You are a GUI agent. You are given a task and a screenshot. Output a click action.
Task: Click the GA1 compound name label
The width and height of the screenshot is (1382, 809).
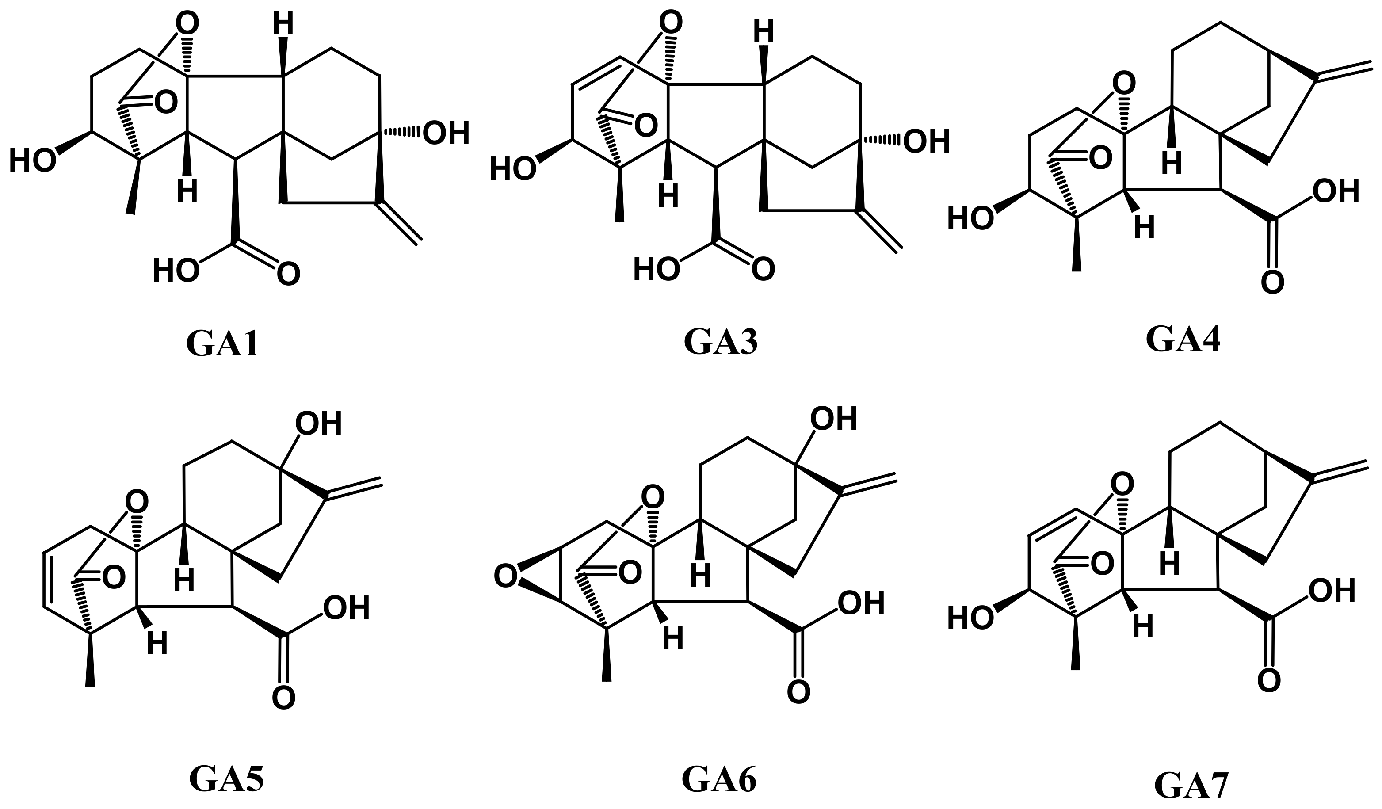(222, 344)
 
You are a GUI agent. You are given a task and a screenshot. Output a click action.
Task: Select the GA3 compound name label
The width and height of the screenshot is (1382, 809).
(720, 342)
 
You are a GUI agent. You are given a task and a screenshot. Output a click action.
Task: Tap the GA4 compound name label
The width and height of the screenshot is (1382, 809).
(1183, 340)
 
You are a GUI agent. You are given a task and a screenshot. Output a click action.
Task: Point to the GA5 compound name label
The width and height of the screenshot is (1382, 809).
(226, 777)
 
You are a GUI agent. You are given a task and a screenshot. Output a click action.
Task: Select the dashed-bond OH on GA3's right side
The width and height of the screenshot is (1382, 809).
(926, 142)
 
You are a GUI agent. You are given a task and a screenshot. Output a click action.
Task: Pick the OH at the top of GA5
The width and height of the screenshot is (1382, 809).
(318, 424)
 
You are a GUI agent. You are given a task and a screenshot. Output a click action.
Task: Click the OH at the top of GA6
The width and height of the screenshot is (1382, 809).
(834, 419)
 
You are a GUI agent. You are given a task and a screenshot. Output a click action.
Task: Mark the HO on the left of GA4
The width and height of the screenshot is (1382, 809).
(970, 218)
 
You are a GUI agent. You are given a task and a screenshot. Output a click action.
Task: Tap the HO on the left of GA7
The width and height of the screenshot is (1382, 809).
(970, 618)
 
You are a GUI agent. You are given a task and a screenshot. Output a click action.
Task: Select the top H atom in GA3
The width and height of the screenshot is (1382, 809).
(763, 32)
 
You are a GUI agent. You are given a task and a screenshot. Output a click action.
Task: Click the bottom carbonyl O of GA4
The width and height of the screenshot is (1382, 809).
(1272, 282)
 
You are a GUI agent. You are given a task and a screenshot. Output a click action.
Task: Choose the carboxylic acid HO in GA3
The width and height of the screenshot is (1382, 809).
(656, 270)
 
